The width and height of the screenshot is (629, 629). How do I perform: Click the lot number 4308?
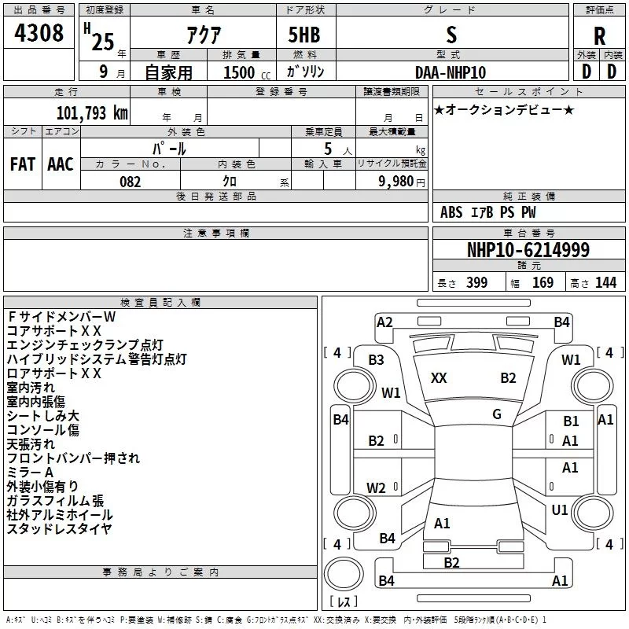39,34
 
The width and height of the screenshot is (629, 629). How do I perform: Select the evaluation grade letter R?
599,35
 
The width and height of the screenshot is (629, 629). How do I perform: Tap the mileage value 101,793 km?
92,112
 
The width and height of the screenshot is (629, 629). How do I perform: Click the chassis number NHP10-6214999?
528,250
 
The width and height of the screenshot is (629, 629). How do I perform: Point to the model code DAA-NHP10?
451,72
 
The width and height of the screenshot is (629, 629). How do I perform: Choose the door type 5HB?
303,35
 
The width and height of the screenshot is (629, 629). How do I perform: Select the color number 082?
131,182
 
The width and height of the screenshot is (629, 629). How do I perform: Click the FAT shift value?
22,164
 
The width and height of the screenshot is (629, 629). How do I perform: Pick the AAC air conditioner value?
61,164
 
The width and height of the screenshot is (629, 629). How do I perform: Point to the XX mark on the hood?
439,378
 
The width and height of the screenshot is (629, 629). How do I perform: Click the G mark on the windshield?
497,414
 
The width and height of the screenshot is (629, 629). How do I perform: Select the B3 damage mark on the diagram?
377,360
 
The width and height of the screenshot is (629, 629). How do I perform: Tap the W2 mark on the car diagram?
377,487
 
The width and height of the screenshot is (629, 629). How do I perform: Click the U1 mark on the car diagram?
560,509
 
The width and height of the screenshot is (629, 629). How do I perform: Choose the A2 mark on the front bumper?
384,322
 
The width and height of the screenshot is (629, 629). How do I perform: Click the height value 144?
605,283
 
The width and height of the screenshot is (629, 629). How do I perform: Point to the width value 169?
543,283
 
